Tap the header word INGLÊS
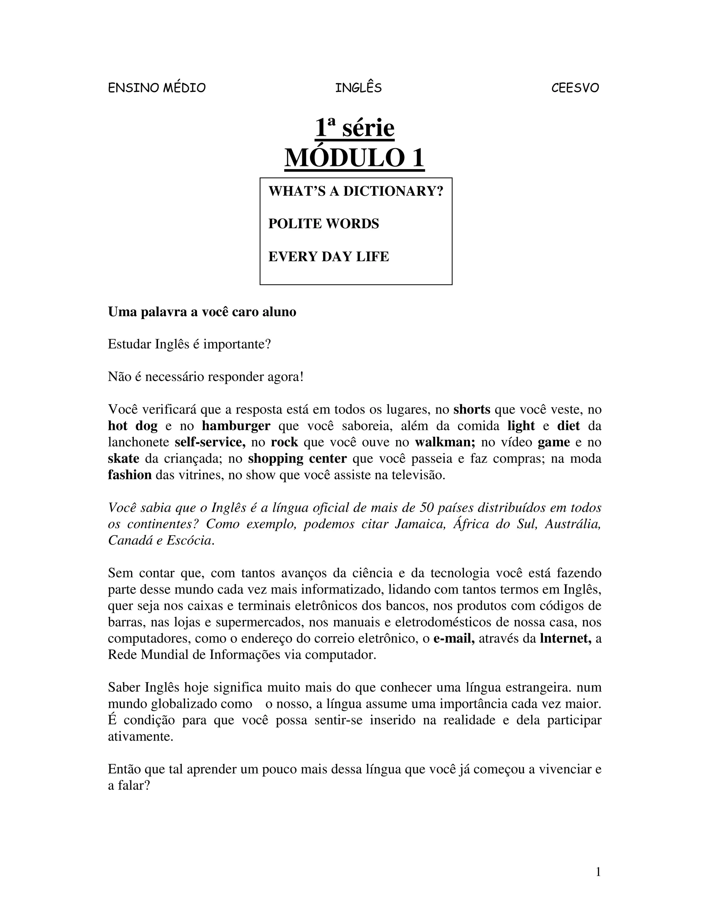coord(358,88)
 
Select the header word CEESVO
coord(575,88)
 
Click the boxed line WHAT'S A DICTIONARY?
coord(356,191)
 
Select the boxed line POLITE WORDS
coord(323,224)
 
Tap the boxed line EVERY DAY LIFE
coord(329,256)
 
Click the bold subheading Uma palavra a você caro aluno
coord(202,312)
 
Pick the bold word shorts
coord(471,409)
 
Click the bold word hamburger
coord(236,426)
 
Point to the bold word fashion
coord(130,475)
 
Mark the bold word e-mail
coord(454,638)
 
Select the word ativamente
coord(140,737)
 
